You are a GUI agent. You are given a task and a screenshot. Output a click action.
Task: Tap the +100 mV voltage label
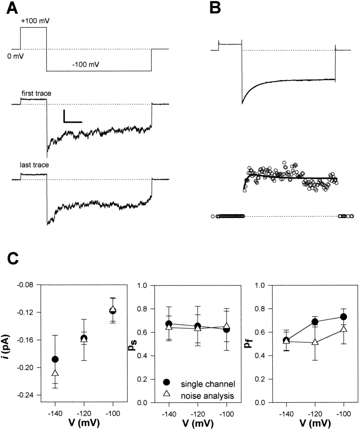click(x=33, y=22)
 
